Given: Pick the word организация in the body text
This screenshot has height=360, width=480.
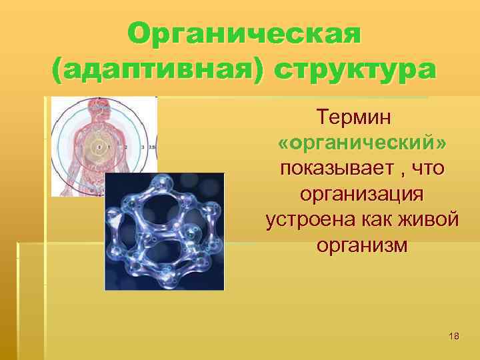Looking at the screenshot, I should (362, 194).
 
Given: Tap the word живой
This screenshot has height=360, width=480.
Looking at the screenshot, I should (429, 219).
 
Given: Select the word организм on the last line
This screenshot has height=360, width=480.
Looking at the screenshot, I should (362, 245).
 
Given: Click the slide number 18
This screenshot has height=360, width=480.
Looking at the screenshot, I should (454, 337).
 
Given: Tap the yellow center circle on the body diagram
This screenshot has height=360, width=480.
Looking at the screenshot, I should (99, 147).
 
